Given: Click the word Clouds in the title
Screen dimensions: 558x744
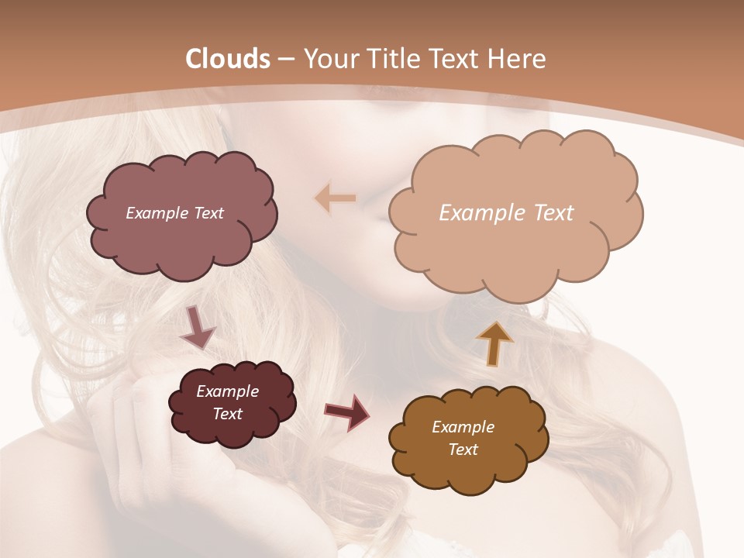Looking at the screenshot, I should click(x=228, y=59).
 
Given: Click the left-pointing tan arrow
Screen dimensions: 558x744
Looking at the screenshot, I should click(x=336, y=198).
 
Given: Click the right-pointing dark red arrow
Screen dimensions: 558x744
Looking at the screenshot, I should click(x=347, y=412).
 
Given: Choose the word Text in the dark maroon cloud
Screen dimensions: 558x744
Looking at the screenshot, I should click(x=227, y=414).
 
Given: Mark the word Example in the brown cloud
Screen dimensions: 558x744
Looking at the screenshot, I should click(x=463, y=427).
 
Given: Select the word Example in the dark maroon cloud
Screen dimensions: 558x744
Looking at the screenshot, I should click(x=227, y=391).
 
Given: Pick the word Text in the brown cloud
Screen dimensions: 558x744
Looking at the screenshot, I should click(x=463, y=449).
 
